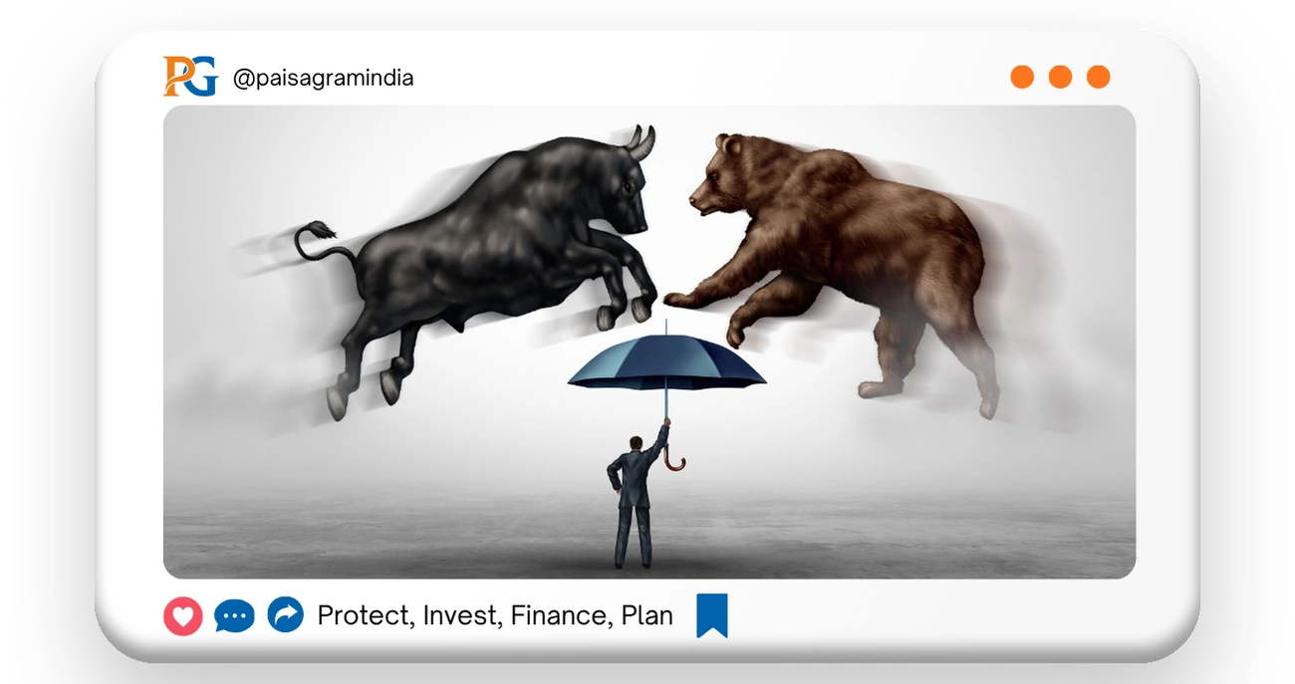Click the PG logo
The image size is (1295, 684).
[x=189, y=77]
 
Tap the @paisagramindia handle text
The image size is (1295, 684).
[x=323, y=78]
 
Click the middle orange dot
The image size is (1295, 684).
[x=1060, y=77]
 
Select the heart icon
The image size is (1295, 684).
[x=182, y=617]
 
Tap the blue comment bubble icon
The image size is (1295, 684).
[x=234, y=617]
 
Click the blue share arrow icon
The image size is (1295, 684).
[x=286, y=616]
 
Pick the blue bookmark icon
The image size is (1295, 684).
[x=711, y=615]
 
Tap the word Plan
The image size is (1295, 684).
[x=647, y=616]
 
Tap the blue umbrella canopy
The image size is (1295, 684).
[x=666, y=364]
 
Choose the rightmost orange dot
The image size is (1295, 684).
[x=1098, y=77]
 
